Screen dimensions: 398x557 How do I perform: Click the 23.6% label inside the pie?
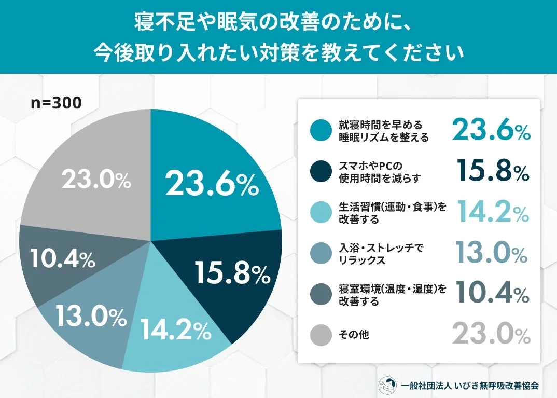(x=211, y=184)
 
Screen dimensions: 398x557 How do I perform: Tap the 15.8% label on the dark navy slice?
(x=232, y=272)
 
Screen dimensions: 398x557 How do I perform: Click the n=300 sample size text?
(x=55, y=103)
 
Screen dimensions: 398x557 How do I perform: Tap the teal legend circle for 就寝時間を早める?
(x=321, y=131)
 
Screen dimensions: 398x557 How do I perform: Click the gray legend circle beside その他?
(x=321, y=335)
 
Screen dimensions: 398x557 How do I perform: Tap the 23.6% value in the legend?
(x=491, y=130)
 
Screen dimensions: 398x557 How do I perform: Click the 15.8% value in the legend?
(x=493, y=171)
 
